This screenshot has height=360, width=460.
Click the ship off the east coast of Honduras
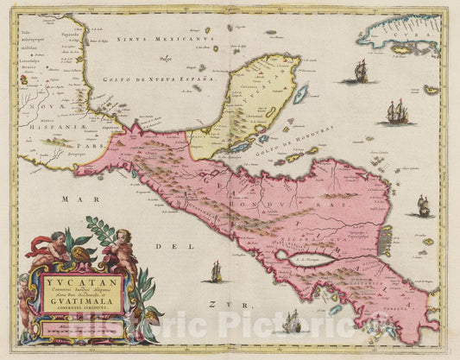tap(423, 205)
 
